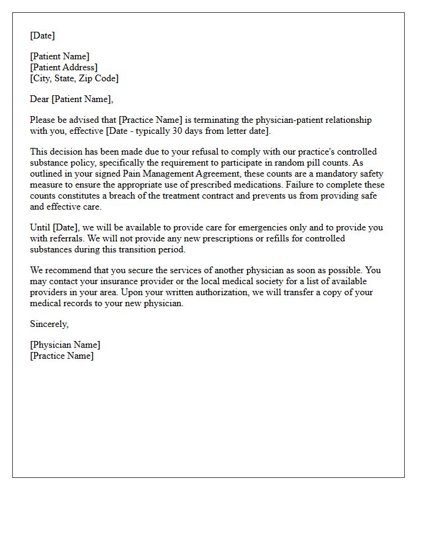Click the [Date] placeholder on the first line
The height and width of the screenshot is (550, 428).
[42, 35]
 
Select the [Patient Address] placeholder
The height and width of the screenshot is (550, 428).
[64, 67]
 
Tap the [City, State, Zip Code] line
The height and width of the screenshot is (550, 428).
[74, 78]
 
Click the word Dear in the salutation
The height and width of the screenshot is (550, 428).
[40, 99]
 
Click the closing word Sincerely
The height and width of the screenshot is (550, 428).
[49, 324]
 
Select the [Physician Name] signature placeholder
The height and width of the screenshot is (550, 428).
[65, 345]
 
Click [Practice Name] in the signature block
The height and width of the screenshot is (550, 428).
[62, 356]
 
